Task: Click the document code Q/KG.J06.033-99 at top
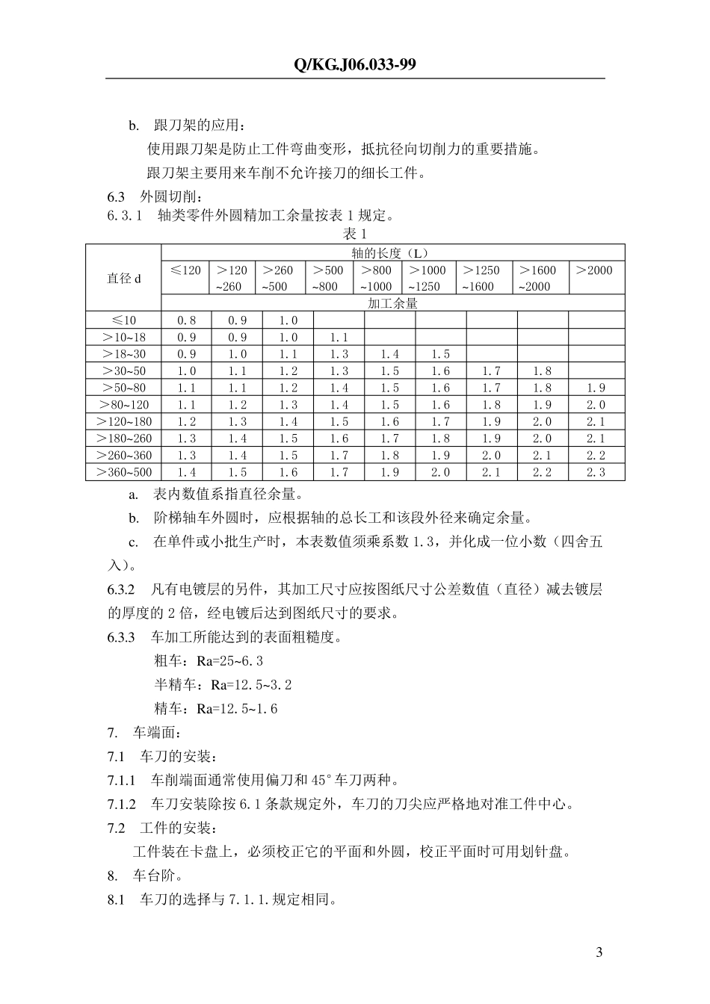coord(354,65)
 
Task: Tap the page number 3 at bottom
coord(599,952)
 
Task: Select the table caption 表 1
coord(354,234)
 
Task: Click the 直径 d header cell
coord(123,278)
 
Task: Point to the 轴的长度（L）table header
coord(392,252)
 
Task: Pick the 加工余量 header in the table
coord(392,304)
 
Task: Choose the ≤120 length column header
coord(185,270)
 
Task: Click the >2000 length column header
coord(595,270)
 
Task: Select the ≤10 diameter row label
coord(123,320)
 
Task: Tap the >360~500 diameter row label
coord(123,472)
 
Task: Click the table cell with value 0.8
coord(186,320)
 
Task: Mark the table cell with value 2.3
coord(596,472)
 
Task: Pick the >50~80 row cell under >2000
coord(596,388)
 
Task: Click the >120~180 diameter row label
coord(123,421)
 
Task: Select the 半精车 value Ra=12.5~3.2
coord(251,685)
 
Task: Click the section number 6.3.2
coord(121,589)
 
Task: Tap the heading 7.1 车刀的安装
coord(163,757)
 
